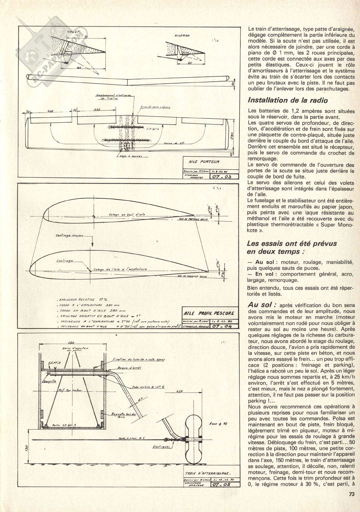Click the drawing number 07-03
219,177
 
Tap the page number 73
351,503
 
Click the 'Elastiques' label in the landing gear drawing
161,447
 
